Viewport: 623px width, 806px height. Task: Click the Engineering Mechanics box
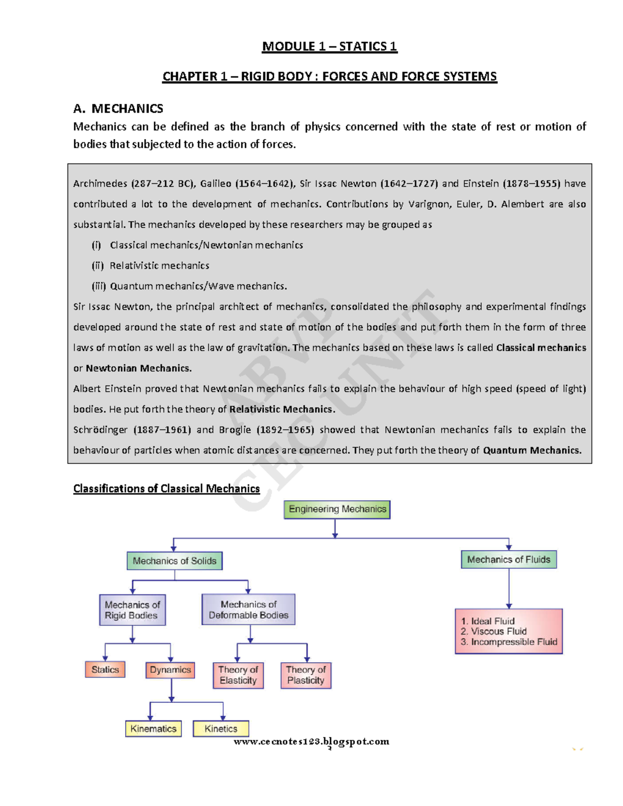(337, 509)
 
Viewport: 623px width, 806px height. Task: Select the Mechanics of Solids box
(174, 561)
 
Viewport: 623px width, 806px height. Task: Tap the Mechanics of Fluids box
(508, 559)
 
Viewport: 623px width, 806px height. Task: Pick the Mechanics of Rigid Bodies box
(132, 610)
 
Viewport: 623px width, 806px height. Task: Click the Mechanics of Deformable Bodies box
(248, 609)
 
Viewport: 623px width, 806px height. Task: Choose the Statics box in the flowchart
(105, 670)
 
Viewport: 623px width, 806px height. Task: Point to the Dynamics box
(170, 670)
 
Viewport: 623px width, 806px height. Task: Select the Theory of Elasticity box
(238, 675)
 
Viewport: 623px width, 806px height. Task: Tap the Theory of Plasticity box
(306, 675)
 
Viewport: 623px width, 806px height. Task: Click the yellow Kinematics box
(153, 729)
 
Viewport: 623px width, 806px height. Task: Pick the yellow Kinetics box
(221, 729)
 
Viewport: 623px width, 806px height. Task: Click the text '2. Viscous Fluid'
(493, 631)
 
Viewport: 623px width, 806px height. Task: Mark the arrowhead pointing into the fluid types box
(509, 606)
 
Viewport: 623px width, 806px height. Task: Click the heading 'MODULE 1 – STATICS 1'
(330, 47)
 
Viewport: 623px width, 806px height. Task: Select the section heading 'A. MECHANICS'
(118, 108)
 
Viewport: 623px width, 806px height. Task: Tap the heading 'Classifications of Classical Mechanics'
(166, 488)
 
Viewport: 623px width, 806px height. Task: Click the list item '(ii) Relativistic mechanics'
(151, 266)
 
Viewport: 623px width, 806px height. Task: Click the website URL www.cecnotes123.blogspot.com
(311, 741)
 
